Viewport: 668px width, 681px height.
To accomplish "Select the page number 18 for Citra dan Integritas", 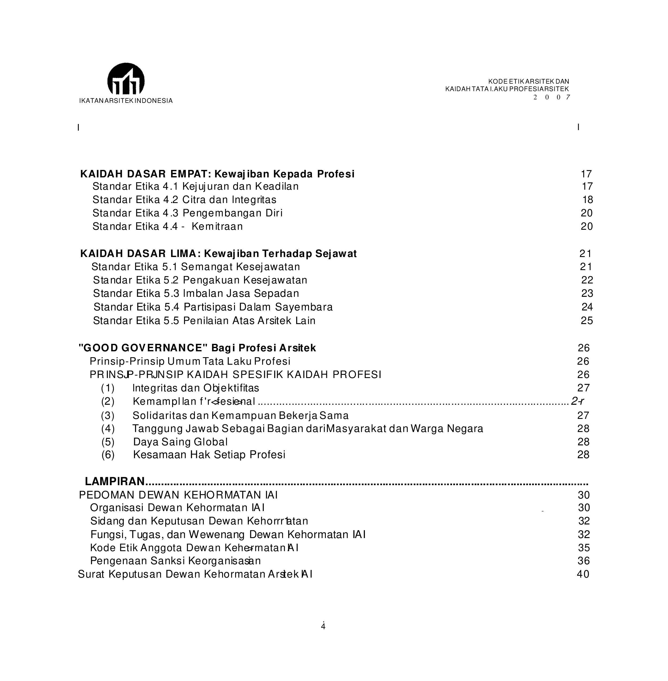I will click(x=588, y=200).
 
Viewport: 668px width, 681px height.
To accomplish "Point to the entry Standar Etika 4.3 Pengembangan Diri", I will click(x=187, y=213).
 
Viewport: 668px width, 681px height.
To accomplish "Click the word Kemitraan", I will click(x=217, y=227).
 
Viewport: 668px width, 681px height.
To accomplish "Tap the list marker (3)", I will click(x=108, y=415).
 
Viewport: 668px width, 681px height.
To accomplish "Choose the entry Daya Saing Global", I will click(x=180, y=442).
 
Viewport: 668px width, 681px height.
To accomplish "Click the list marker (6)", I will click(x=108, y=455).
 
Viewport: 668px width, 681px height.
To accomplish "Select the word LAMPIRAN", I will click(x=115, y=481).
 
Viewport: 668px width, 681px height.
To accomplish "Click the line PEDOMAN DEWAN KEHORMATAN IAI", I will click(x=178, y=495).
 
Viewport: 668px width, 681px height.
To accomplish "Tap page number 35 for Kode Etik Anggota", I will click(x=584, y=548).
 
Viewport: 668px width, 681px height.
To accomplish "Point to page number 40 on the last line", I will click(x=583, y=574).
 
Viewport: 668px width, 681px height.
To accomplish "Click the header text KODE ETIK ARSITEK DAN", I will click(x=528, y=81).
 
